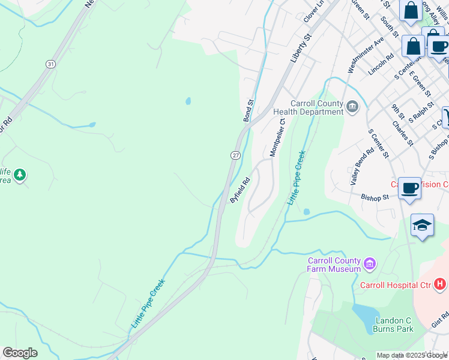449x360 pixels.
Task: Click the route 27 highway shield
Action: tap(235, 155)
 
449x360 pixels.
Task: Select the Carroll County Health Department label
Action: tap(307, 107)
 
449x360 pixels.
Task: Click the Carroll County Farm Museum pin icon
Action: tap(370, 263)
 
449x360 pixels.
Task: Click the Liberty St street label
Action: tap(302, 47)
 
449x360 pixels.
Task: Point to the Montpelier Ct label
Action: tap(277, 137)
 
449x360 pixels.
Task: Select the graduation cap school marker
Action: tap(422, 225)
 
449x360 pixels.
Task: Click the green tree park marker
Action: tap(20, 175)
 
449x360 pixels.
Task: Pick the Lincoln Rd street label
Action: tap(381, 64)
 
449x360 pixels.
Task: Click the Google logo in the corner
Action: tap(20, 353)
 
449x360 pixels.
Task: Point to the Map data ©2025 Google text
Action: tap(411, 355)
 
